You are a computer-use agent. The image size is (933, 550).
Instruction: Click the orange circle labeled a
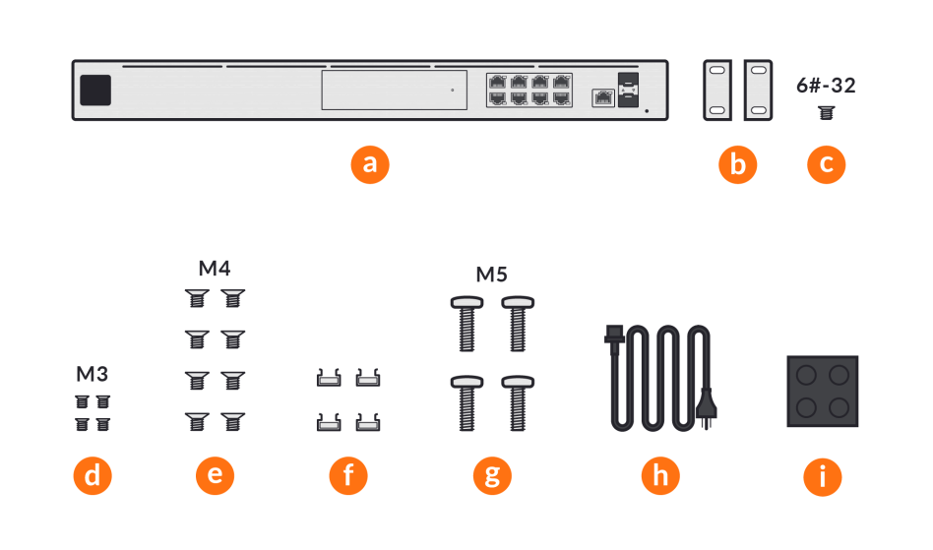pyautogui.click(x=370, y=164)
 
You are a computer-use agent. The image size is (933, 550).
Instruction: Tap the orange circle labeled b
pyautogui.click(x=737, y=164)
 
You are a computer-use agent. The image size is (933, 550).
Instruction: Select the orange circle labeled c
pyautogui.click(x=826, y=164)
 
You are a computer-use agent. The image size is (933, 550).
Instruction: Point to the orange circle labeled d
pyautogui.click(x=93, y=476)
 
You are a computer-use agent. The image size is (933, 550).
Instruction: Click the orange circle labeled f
pyautogui.click(x=347, y=476)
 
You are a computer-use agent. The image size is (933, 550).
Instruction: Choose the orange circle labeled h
pyautogui.click(x=660, y=476)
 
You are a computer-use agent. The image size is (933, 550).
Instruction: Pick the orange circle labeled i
pyautogui.click(x=823, y=476)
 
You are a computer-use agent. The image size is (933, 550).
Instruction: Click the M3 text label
pyautogui.click(x=93, y=374)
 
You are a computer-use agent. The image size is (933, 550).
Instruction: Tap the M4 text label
pyautogui.click(x=215, y=268)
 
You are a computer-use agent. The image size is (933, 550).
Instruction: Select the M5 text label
pyautogui.click(x=491, y=274)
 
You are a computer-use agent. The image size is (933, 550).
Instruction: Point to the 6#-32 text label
pyautogui.click(x=826, y=86)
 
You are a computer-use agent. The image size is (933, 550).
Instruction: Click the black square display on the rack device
pyautogui.click(x=95, y=90)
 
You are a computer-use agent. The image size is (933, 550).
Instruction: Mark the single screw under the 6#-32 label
pyautogui.click(x=826, y=113)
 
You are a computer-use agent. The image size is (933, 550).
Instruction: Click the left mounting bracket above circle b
pyautogui.click(x=717, y=91)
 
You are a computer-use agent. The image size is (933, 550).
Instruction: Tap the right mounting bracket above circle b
pyautogui.click(x=758, y=91)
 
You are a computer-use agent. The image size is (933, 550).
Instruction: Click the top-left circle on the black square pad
pyautogui.click(x=808, y=376)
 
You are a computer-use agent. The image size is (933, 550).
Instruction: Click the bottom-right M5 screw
pyautogui.click(x=518, y=401)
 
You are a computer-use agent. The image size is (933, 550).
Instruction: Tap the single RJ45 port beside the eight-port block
pyautogui.click(x=601, y=96)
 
